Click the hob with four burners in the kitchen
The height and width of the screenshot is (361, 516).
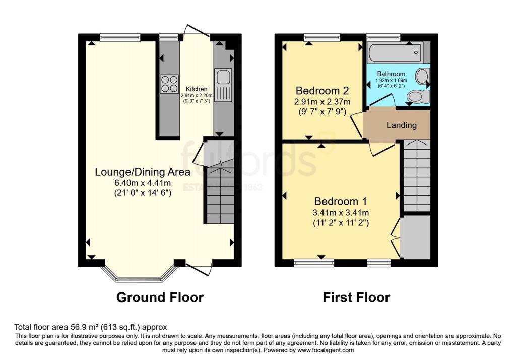(169, 84)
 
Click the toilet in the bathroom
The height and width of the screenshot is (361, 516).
(417, 96)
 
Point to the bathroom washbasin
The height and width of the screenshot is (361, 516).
(422, 76)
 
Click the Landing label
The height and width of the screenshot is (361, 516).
(402, 125)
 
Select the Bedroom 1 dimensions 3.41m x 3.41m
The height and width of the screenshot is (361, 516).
(341, 212)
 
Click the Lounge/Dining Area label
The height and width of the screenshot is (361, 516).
(143, 172)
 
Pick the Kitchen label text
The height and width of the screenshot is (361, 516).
(197, 89)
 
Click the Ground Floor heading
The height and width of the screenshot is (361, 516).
(160, 297)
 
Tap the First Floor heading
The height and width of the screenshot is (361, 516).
(356, 297)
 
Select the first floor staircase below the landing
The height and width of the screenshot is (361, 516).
(417, 176)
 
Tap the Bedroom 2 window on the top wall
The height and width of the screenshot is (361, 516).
(321, 37)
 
